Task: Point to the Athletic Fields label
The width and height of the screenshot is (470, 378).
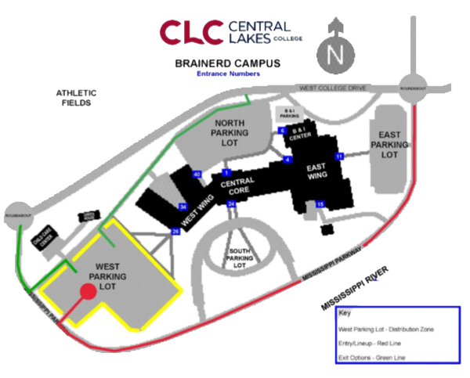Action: pos(74,97)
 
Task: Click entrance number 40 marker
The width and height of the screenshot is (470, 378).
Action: pos(197,174)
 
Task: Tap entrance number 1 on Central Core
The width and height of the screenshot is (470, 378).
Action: pos(226,172)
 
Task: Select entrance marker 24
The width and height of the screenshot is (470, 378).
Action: pos(231,204)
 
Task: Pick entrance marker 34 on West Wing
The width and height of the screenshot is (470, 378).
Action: pos(183,207)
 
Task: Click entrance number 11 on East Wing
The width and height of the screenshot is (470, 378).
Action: pos(339,157)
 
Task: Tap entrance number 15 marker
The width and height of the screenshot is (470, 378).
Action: pos(320,204)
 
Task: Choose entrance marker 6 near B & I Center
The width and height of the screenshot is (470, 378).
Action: pos(282,131)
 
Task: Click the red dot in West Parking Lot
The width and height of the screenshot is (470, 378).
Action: pos(88,292)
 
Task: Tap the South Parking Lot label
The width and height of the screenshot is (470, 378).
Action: pos(238,258)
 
